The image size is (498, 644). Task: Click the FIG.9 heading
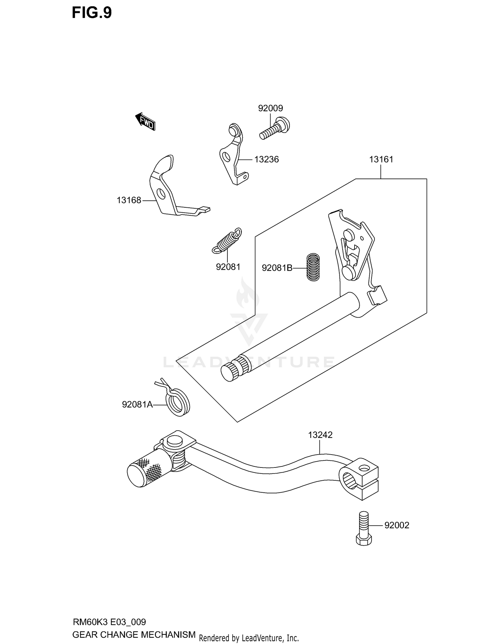(x=92, y=13)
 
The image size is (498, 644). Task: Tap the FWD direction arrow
(x=145, y=121)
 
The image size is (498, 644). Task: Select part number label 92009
(x=270, y=108)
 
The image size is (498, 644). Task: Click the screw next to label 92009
(x=275, y=129)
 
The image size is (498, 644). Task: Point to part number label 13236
(x=266, y=160)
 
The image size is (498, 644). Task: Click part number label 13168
(x=129, y=200)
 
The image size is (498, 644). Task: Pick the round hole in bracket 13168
(x=161, y=193)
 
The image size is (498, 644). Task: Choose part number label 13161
(x=381, y=160)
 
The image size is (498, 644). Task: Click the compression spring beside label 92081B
(x=313, y=267)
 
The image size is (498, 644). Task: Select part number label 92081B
(x=277, y=268)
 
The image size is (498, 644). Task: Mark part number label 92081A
(x=137, y=404)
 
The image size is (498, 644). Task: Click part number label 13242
(x=320, y=435)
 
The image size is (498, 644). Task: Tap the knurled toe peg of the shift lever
(x=145, y=470)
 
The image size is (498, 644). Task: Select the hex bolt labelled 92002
(x=364, y=528)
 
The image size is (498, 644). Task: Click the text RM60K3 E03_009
(x=109, y=622)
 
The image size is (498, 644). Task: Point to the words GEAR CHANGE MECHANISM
(x=134, y=635)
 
